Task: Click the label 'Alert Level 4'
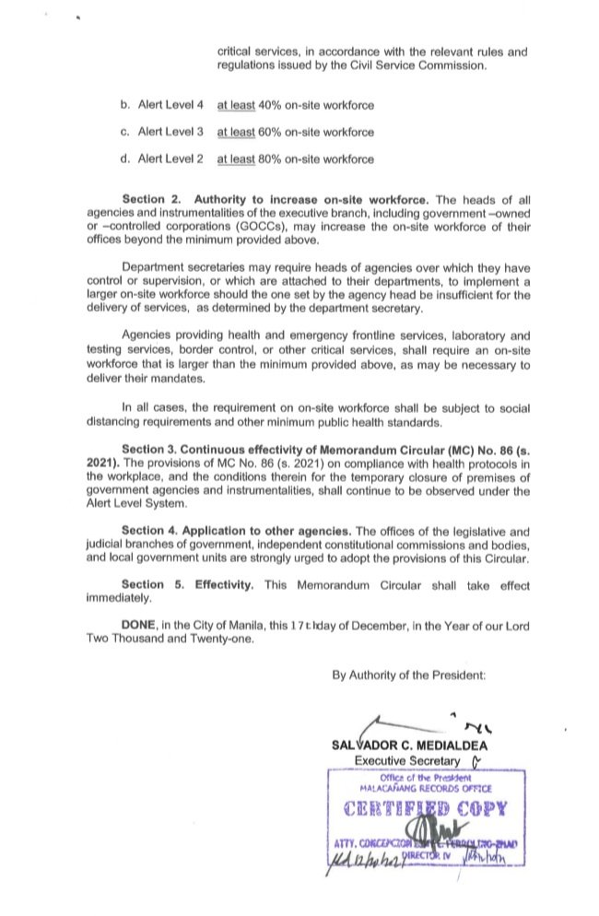(170, 106)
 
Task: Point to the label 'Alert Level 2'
(170, 159)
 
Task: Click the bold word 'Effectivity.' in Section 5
(229, 585)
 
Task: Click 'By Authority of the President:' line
(408, 675)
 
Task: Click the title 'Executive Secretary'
(406, 760)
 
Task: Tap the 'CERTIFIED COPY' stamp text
(426, 811)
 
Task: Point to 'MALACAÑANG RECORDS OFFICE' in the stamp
(426, 789)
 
